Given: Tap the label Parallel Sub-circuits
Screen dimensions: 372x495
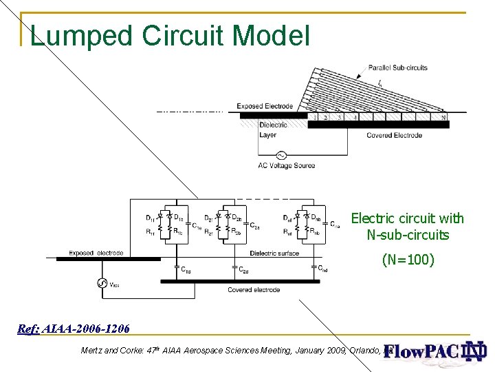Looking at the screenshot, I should [398, 68].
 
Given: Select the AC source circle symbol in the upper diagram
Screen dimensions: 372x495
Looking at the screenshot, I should [281, 155].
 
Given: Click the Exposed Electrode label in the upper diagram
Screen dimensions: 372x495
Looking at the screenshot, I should [265, 106].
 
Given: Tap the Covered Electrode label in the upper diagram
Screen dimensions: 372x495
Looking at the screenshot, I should [394, 135].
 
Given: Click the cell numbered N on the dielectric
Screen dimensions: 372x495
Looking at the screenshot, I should [443, 118].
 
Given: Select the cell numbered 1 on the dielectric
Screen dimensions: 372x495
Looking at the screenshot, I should [315, 118].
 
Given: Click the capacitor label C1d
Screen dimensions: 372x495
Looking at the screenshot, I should [186, 271].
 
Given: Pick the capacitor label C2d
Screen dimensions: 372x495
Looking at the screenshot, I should [244, 271].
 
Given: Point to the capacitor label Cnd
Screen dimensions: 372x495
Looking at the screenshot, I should [322, 270].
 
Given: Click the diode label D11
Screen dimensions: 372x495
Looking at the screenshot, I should [150, 218].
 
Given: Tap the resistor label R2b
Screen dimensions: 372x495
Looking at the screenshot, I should [235, 231].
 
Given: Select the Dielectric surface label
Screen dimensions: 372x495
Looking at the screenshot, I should [274, 253].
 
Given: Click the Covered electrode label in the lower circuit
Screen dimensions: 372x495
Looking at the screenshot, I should [254, 290].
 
